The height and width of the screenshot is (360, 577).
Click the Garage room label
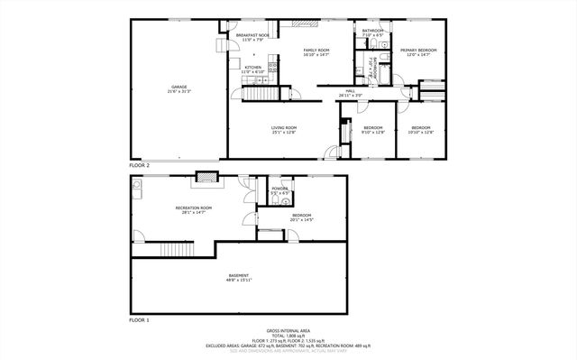[173, 89]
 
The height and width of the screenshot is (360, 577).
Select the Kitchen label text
[253, 69]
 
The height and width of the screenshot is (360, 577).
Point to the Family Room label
[316, 51]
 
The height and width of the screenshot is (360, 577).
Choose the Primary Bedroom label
[418, 51]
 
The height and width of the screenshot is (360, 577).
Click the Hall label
[350, 93]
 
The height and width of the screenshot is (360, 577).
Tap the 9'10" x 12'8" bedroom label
[373, 129]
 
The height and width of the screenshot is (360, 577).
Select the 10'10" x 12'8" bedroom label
[420, 129]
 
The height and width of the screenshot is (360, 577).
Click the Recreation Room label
[193, 209]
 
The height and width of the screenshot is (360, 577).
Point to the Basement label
[238, 277]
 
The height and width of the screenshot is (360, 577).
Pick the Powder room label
[279, 190]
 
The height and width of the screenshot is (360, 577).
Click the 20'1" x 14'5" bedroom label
[301, 217]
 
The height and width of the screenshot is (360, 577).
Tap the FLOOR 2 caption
[139, 166]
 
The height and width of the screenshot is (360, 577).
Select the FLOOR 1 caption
[139, 320]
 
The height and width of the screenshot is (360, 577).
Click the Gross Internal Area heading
[288, 330]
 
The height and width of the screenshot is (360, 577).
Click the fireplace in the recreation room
[208, 177]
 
